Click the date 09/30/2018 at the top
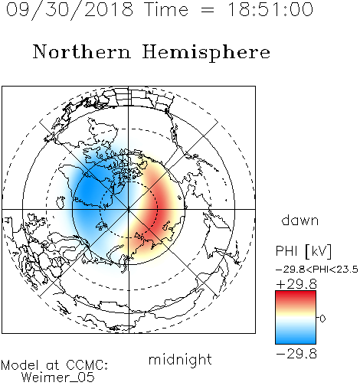pos(70,10)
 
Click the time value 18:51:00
pos(270,9)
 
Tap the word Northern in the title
pos(82,52)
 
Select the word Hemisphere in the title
pos(206,53)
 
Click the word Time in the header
pos(166,9)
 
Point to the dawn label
pos(299,220)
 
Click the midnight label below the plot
pos(180,360)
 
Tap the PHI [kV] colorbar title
pos(304,251)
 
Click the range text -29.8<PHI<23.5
pos(317,270)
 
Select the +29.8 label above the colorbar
pos(296,284)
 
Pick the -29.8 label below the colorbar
pos(296,354)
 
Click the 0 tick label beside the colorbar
pos(322,319)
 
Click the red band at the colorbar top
pos(296,296)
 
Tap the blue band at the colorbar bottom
pos(296,338)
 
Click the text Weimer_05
pos(58,377)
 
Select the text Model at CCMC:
pos(54,365)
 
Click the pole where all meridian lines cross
pos(129,209)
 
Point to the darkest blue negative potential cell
pos(88,192)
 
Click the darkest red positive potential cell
pos(156,207)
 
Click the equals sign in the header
pos(208,10)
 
